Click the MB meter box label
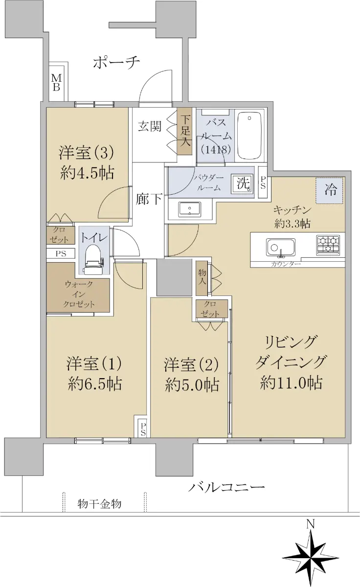[56, 82]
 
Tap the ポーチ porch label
[116, 63]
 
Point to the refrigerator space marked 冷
[329, 190]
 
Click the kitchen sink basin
[281, 247]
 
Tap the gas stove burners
[328, 245]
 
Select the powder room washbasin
[189, 209]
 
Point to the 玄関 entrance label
[150, 127]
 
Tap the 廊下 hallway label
[149, 200]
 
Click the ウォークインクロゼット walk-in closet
[78, 294]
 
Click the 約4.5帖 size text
[87, 173]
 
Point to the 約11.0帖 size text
[291, 383]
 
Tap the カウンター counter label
[286, 264]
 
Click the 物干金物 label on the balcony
[100, 504]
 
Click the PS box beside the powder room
[263, 182]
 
